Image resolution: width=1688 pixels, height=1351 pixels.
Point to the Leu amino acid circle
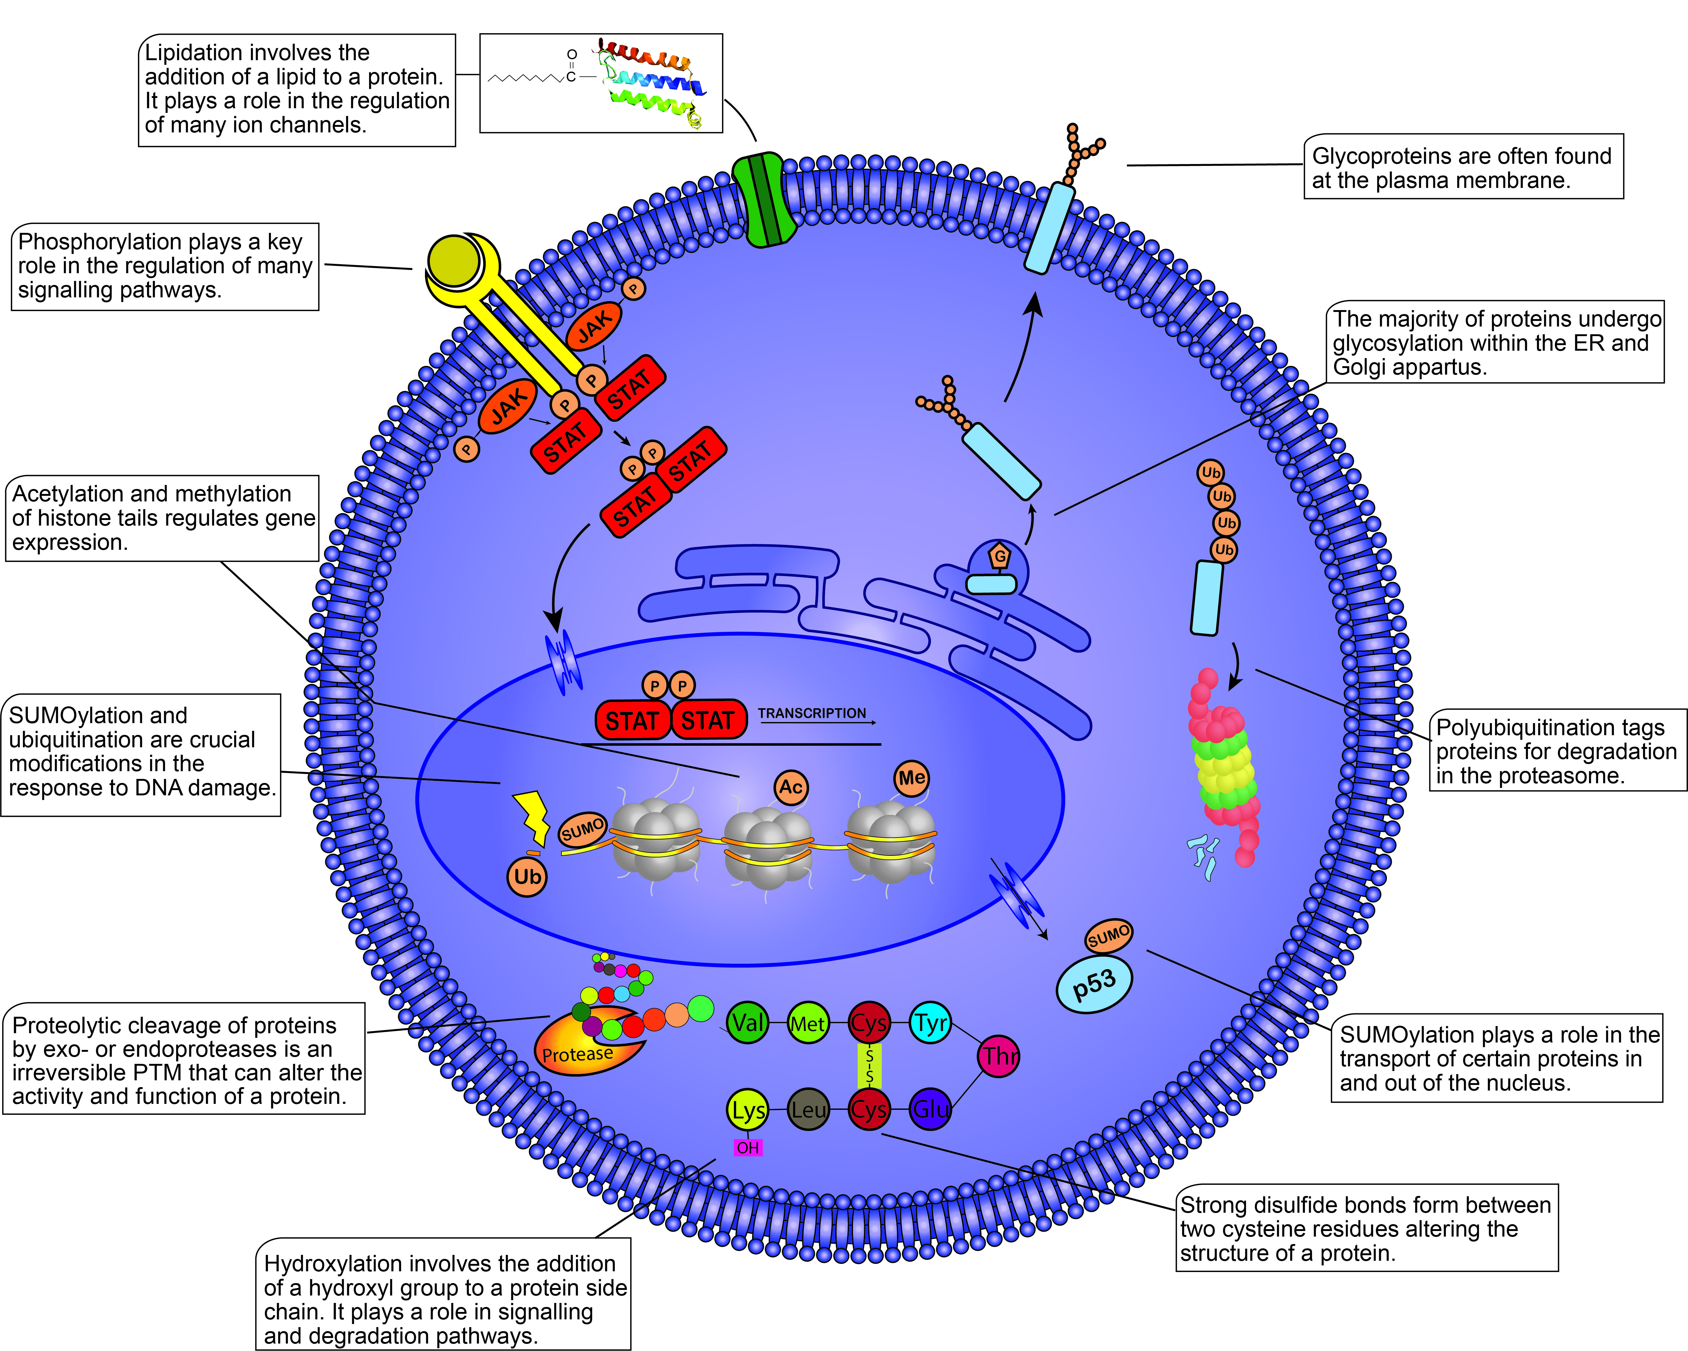(x=808, y=1109)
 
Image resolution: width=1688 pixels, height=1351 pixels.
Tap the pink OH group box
(x=748, y=1148)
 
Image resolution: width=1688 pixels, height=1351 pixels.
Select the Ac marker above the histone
(x=791, y=787)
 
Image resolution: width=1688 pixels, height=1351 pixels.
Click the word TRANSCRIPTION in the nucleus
(x=812, y=713)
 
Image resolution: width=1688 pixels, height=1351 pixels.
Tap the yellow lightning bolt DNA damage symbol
(x=532, y=816)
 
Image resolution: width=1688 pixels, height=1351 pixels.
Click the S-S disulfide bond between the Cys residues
(x=869, y=1066)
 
